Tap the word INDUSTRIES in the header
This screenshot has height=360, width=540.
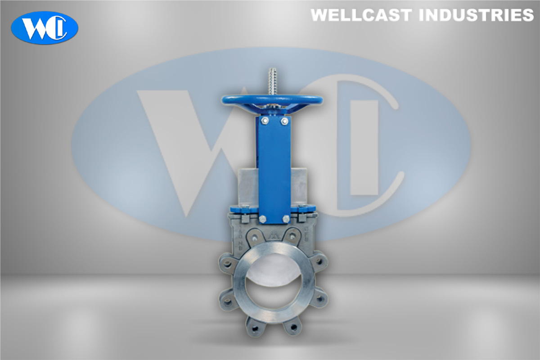476,15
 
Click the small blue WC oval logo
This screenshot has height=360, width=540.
45,27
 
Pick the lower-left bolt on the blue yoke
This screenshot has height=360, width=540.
263,219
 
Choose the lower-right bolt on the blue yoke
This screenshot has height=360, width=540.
285,219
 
